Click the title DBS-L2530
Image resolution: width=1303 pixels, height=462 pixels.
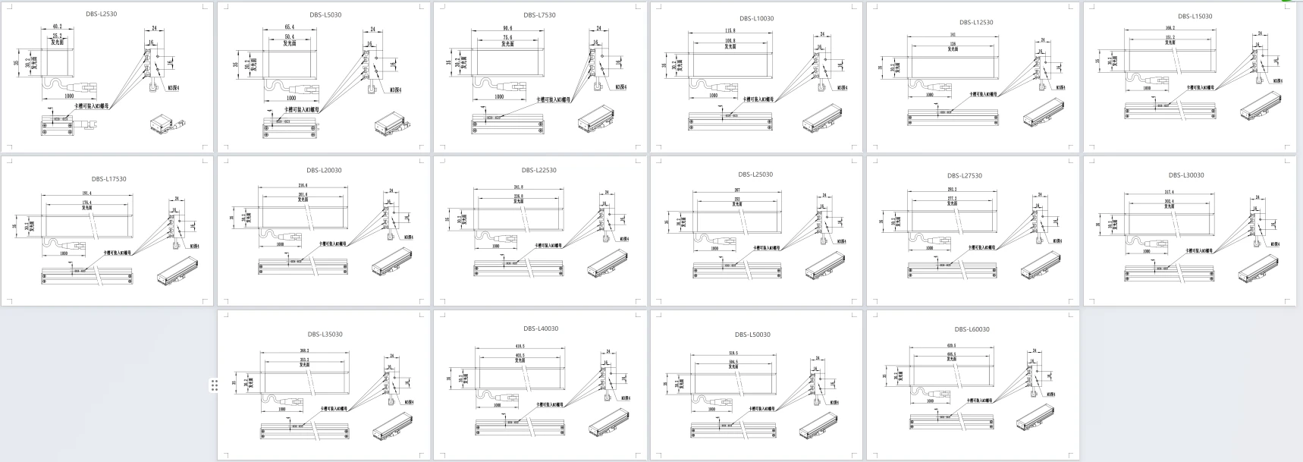(x=102, y=14)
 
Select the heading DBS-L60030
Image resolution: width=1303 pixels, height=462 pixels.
(x=972, y=329)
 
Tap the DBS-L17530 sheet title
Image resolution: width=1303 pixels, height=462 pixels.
(x=109, y=179)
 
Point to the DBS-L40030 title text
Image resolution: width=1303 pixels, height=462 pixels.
(x=540, y=329)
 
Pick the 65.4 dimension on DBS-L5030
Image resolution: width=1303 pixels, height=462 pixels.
(x=289, y=27)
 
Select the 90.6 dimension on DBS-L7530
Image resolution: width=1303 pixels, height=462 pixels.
(x=507, y=29)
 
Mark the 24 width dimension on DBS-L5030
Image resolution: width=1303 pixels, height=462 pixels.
(x=373, y=30)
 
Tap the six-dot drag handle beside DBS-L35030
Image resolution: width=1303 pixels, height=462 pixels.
(x=215, y=385)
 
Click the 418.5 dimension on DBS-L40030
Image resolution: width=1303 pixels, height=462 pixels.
(x=520, y=347)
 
